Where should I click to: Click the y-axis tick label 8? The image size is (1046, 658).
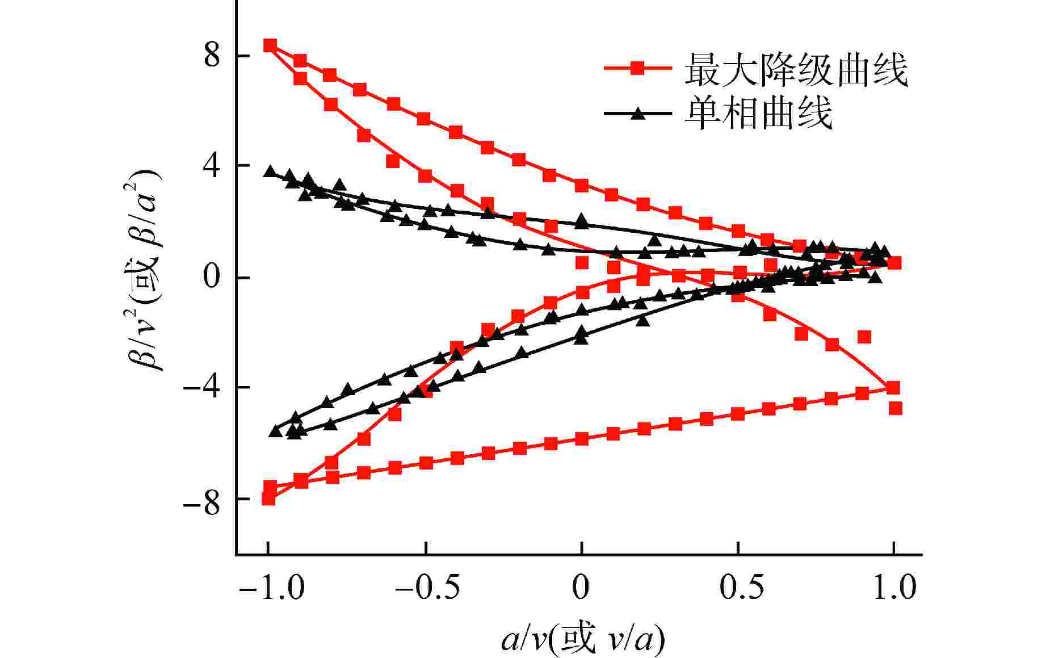click(212, 56)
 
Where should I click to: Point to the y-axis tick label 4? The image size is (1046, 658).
click(212, 167)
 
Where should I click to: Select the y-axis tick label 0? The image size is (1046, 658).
click(212, 278)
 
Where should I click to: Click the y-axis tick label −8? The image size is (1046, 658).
click(201, 500)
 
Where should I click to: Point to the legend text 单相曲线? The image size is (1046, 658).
click(758, 112)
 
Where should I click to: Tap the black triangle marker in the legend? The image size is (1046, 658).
click(638, 112)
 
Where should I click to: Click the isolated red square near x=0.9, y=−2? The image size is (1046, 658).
click(864, 337)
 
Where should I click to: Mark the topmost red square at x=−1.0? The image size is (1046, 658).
click(270, 45)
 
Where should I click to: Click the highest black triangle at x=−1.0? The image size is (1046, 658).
click(270, 171)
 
